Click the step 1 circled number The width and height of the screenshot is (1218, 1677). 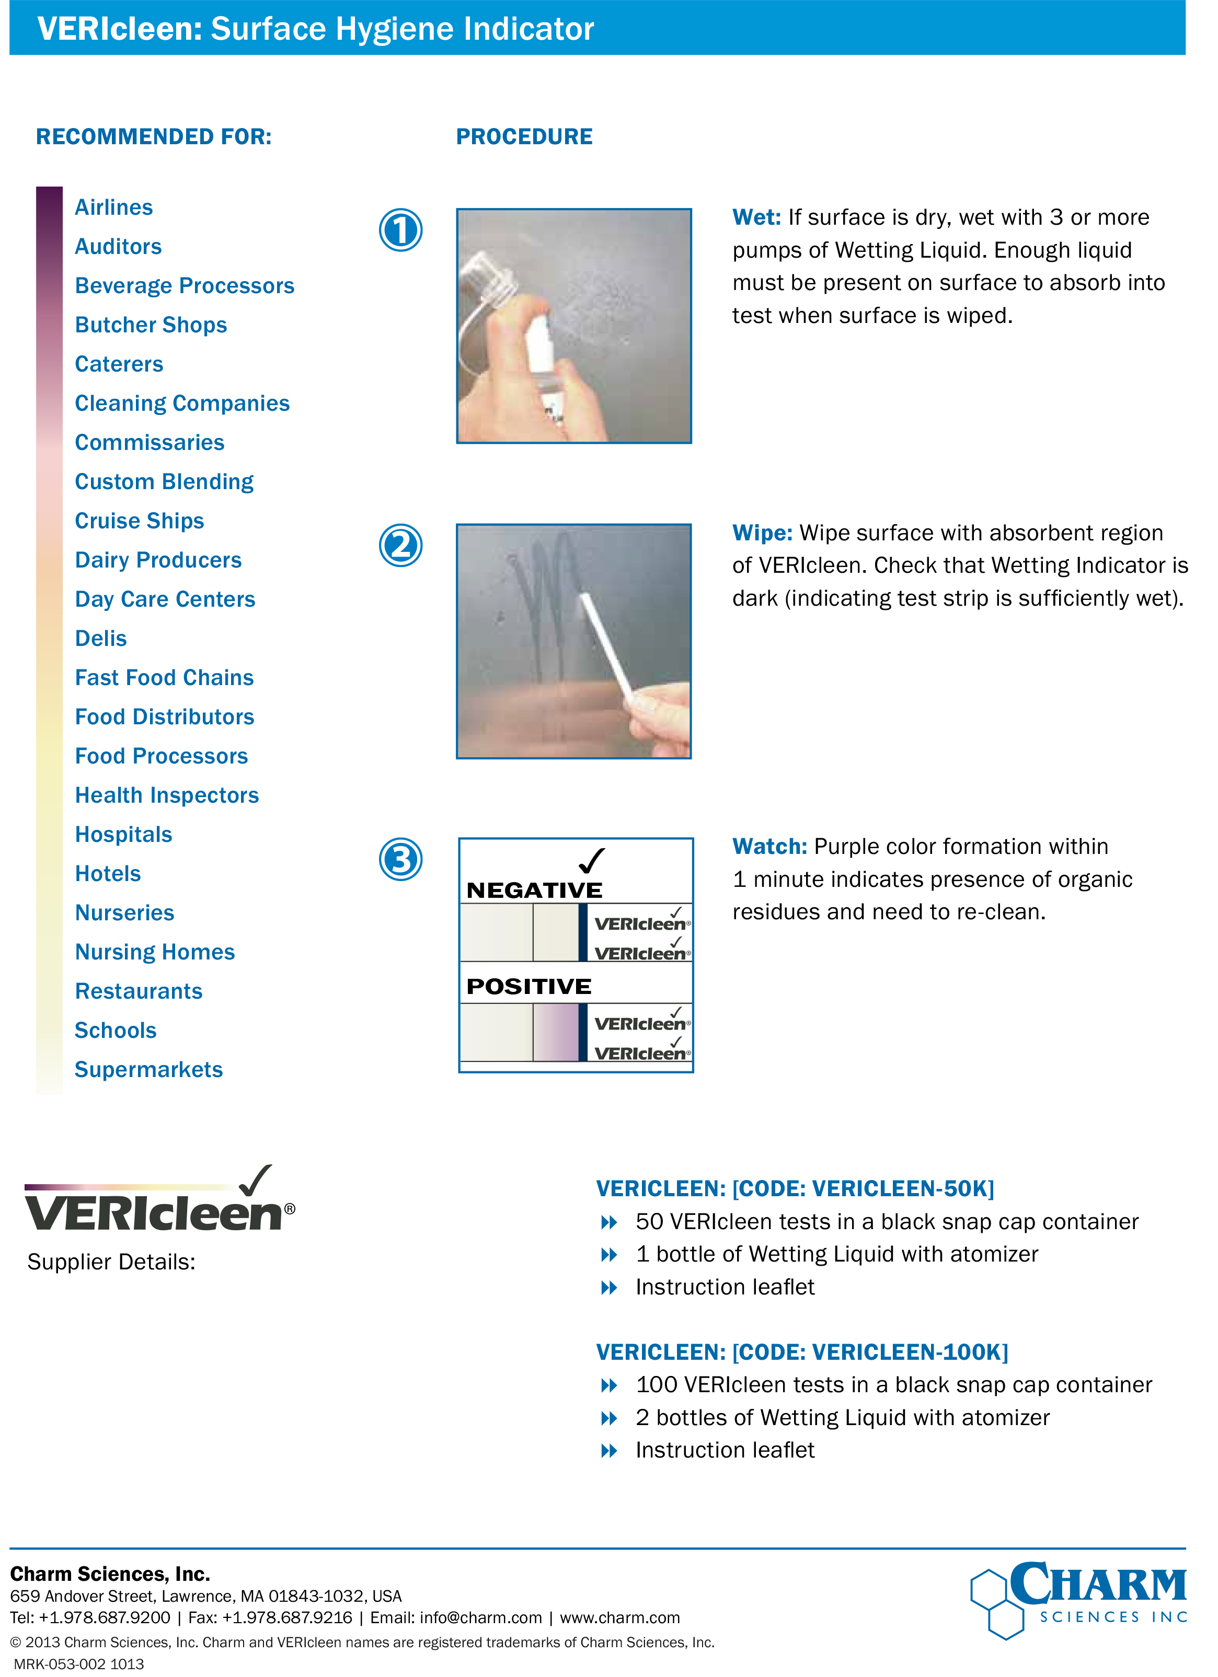pos(401,230)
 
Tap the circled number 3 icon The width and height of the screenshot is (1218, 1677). pos(401,859)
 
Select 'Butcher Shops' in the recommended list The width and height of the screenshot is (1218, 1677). pos(151,325)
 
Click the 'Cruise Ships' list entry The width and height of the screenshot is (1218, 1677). pos(139,521)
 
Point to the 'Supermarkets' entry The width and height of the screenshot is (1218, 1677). pos(148,1069)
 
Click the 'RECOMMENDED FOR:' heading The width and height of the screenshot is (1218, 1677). pos(154,137)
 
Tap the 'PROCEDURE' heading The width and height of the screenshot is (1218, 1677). pos(524,137)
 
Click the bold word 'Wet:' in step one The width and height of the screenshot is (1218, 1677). pos(756,217)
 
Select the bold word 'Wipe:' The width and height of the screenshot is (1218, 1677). pos(762,533)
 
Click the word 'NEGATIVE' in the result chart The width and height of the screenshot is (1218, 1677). pos(534,890)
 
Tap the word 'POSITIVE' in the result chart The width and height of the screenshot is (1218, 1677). pos(529,986)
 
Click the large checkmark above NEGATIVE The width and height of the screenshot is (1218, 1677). pos(592,861)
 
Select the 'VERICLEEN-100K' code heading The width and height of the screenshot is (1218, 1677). pos(802,1351)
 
